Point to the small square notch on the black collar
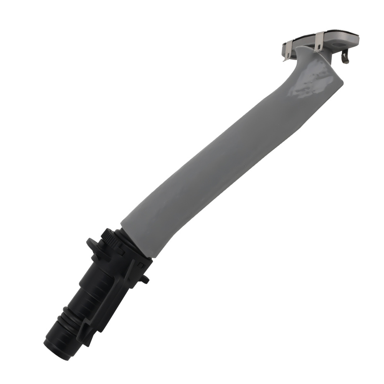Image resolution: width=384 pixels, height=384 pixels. (x=141, y=265)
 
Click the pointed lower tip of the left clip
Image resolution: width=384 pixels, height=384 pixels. (x=285, y=59)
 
